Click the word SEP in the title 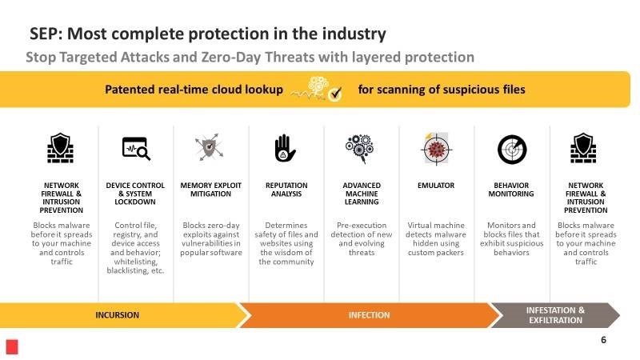pyautogui.click(x=46, y=34)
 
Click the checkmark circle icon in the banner pyautogui.click(x=335, y=94)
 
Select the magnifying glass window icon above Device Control pyautogui.click(x=136, y=149)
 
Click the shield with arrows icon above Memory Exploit pyautogui.click(x=210, y=147)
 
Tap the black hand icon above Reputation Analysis pyautogui.click(x=285, y=148)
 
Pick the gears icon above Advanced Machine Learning pyautogui.click(x=359, y=149)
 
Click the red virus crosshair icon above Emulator pyautogui.click(x=436, y=149)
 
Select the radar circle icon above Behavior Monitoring pyautogui.click(x=512, y=150)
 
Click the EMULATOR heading pyautogui.click(x=436, y=186)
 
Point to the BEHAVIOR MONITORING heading pyautogui.click(x=511, y=190)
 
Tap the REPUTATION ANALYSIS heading pyautogui.click(x=286, y=190)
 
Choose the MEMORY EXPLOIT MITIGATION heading pyautogui.click(x=211, y=190)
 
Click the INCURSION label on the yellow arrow pyautogui.click(x=117, y=315)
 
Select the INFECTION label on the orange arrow pyautogui.click(x=369, y=315)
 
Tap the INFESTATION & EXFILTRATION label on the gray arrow pyautogui.click(x=555, y=315)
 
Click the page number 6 pyautogui.click(x=604, y=339)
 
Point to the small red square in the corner pyautogui.click(x=12, y=347)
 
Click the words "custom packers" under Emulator pyautogui.click(x=436, y=253)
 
